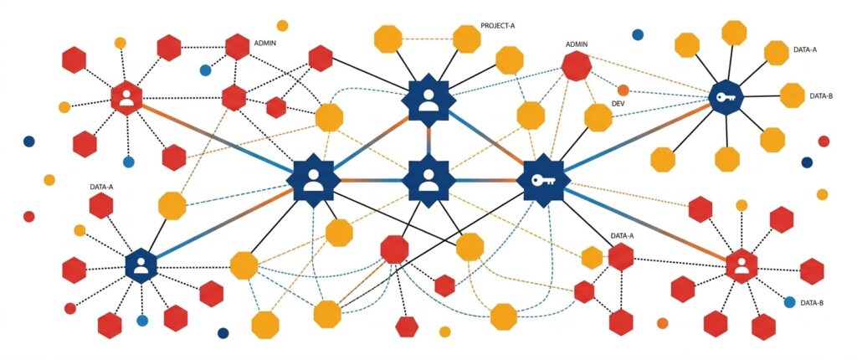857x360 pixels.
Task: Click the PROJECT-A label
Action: (x=498, y=26)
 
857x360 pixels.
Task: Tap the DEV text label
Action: (x=618, y=103)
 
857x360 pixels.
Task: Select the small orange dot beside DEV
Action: (x=623, y=90)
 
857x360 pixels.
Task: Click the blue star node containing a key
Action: (x=541, y=180)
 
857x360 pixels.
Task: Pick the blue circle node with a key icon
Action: (x=725, y=97)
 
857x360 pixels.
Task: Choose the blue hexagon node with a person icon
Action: (x=141, y=265)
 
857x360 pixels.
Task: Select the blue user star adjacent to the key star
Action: (x=428, y=180)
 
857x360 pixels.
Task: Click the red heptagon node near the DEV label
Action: (x=577, y=65)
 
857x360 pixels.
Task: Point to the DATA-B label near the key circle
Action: (x=821, y=96)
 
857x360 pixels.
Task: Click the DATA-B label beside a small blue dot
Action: (x=813, y=302)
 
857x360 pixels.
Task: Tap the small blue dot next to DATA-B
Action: (x=789, y=302)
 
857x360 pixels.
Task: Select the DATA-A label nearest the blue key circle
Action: (x=805, y=50)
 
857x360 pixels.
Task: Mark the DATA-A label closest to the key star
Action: (x=622, y=236)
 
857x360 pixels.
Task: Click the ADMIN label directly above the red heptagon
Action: (x=577, y=44)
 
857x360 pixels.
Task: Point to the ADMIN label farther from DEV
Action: (x=265, y=41)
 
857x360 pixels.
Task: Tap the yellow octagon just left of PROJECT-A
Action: (x=466, y=39)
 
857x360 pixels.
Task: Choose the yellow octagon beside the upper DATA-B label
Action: (x=792, y=95)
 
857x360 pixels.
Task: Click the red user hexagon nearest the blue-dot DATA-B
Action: (x=742, y=266)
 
